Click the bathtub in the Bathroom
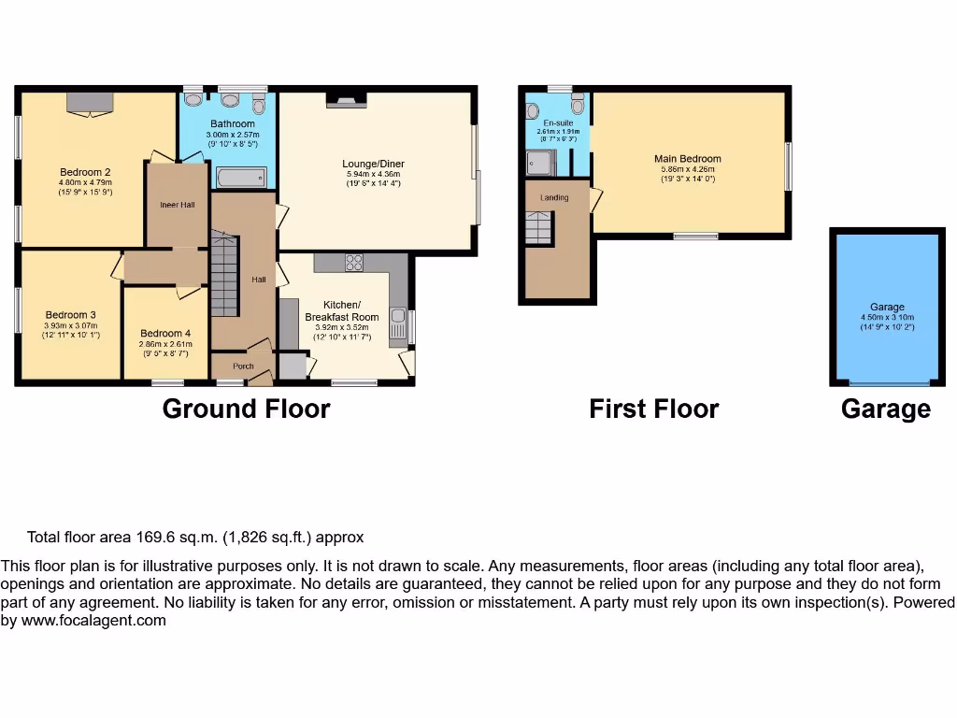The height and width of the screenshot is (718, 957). [x=241, y=178]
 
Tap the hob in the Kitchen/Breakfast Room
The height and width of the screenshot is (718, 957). [x=354, y=263]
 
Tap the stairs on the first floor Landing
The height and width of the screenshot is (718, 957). [x=538, y=227]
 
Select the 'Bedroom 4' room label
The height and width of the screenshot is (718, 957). [x=165, y=334]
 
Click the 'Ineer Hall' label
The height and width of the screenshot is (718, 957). [x=177, y=205]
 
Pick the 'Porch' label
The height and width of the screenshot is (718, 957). [x=243, y=366]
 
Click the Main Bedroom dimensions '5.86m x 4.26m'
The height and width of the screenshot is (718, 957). [x=687, y=169]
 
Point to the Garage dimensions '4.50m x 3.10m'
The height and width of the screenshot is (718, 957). [x=887, y=317]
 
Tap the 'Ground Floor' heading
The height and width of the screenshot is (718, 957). [x=246, y=409]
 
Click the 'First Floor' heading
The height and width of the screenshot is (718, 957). [x=653, y=409]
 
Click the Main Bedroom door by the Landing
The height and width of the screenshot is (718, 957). [x=595, y=197]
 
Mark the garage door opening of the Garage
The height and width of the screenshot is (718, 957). [x=889, y=383]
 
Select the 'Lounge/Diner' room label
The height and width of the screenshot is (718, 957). [x=373, y=164]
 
